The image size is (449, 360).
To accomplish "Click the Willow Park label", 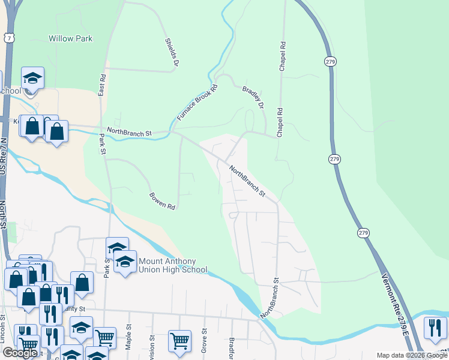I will point(70,38).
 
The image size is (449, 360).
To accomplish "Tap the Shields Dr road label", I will point(172,52).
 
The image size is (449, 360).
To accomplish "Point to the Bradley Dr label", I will point(253,97).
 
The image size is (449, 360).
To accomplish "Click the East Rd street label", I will point(102,85).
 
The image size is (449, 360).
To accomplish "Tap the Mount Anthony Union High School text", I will point(173,265).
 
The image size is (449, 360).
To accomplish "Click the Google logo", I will point(20,353).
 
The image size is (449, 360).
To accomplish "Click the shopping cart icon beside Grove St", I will point(179,341).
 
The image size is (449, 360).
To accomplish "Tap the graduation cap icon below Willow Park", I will point(32,78).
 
